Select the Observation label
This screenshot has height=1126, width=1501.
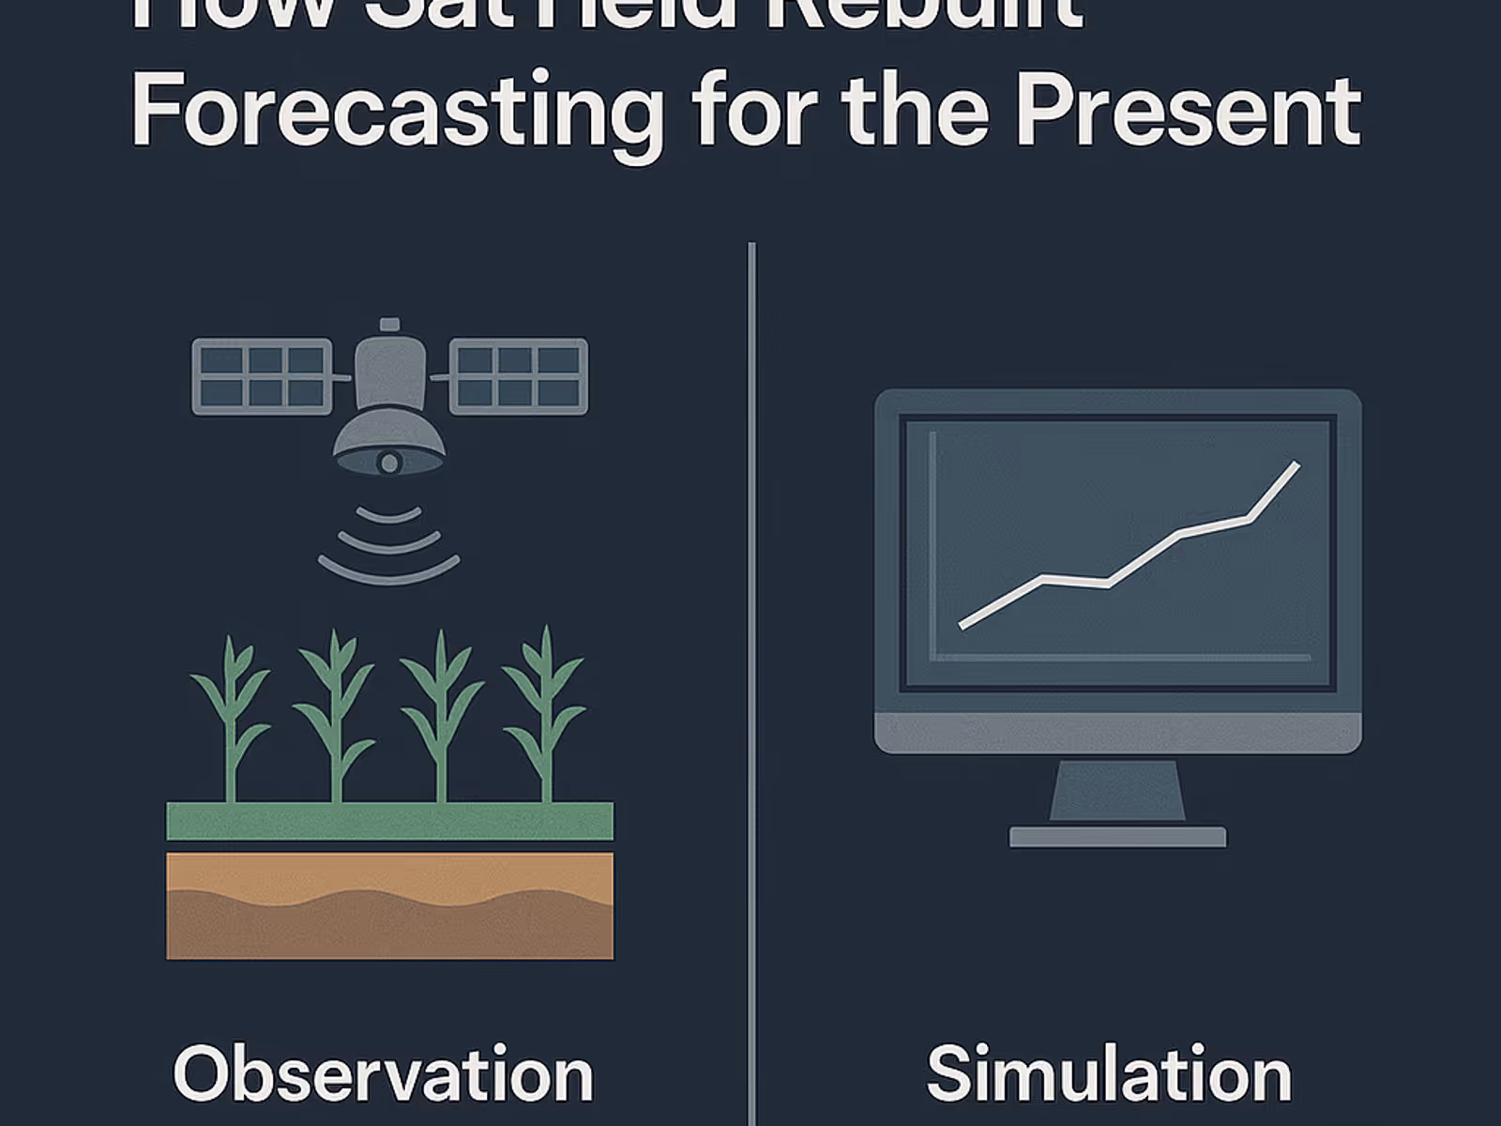pyautogui.click(x=383, y=1074)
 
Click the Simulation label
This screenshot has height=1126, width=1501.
pyautogui.click(x=1109, y=1074)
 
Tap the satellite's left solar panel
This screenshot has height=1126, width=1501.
pyautogui.click(x=262, y=376)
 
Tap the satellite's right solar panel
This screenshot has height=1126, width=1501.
pyautogui.click(x=519, y=376)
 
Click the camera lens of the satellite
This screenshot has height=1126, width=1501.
pyautogui.click(x=389, y=463)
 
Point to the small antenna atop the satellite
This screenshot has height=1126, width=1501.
pyautogui.click(x=389, y=325)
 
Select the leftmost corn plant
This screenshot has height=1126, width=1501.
pyautogui.click(x=231, y=718)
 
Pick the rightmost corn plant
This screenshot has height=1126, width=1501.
pyautogui.click(x=545, y=718)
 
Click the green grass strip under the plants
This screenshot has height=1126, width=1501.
pyautogui.click(x=389, y=821)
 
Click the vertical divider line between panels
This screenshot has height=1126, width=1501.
pyautogui.click(x=751, y=657)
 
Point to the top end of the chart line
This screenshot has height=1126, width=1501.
pyautogui.click(x=1296, y=465)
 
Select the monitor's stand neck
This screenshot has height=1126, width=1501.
pyautogui.click(x=1116, y=790)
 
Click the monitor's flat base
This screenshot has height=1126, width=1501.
pyautogui.click(x=1116, y=836)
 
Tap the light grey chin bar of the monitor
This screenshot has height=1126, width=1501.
pyautogui.click(x=1116, y=732)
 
